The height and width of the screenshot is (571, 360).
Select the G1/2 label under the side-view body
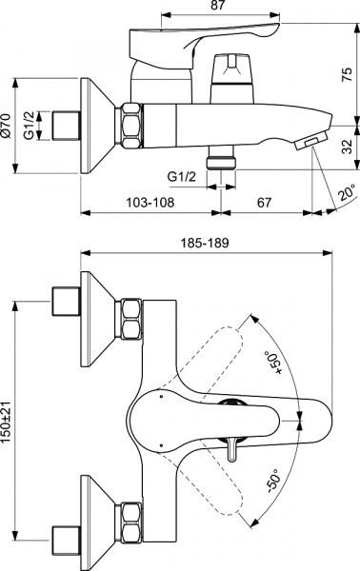click(182, 178)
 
